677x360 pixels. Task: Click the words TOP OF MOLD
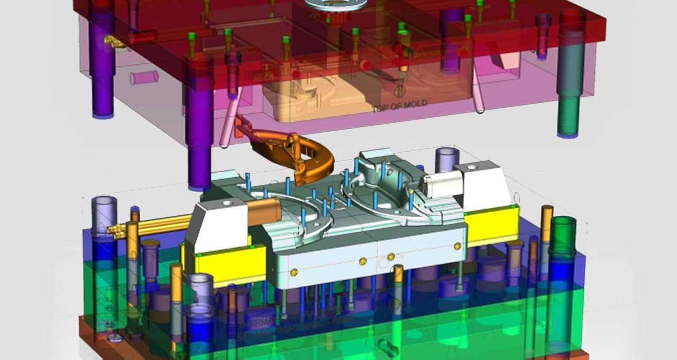tap(399, 105)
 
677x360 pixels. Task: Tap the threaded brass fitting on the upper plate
tap(111, 40)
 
